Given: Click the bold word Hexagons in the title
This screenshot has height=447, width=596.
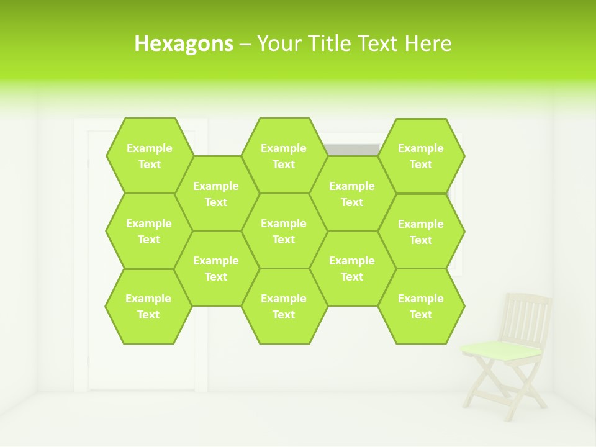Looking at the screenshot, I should [184, 43].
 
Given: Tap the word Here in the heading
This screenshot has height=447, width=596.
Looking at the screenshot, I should [428, 43].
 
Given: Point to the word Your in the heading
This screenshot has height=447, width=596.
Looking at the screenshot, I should [279, 43].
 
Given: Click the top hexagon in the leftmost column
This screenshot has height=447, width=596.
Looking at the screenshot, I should [149, 156].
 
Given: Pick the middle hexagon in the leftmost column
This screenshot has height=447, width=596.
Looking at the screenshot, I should [149, 231].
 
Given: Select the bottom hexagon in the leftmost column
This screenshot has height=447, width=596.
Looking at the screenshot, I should [148, 306].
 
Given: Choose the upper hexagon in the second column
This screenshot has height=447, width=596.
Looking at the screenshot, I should [216, 194].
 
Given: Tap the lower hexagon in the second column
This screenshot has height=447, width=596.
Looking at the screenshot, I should [216, 268].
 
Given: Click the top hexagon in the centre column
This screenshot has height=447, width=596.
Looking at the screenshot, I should [284, 156].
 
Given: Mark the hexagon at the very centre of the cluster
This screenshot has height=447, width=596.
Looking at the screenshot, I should [284, 231].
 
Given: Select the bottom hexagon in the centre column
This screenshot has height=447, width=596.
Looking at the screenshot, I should [284, 306].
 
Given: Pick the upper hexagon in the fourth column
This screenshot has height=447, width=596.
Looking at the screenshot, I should [352, 194].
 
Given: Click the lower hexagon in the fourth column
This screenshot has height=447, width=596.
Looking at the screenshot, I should [352, 268].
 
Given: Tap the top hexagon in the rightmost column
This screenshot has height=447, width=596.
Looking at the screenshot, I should [421, 156].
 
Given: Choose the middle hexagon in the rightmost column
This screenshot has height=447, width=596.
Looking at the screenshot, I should [421, 232].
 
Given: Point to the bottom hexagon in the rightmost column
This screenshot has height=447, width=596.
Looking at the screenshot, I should [421, 306].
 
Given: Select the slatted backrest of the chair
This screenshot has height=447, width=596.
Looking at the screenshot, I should [526, 317].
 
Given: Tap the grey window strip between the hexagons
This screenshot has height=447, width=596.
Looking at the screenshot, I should [352, 150].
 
